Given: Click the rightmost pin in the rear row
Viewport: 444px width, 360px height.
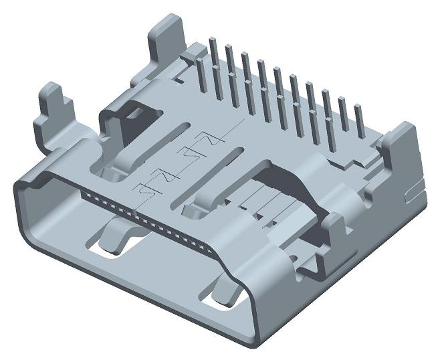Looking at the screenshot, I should tap(358, 127).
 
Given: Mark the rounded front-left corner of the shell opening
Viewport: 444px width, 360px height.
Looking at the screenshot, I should tap(23, 184).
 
